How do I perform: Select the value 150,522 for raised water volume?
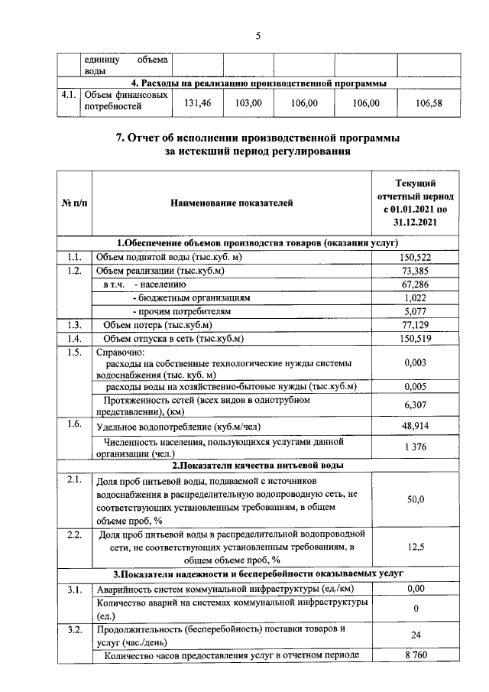point(415,258)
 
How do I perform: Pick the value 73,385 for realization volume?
point(415,271)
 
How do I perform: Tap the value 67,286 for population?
point(415,284)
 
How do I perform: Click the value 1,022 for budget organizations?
point(415,298)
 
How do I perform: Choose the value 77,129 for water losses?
point(415,325)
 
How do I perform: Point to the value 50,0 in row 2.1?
point(415,499)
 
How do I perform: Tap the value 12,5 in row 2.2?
point(415,547)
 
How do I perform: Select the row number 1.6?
point(74,424)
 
